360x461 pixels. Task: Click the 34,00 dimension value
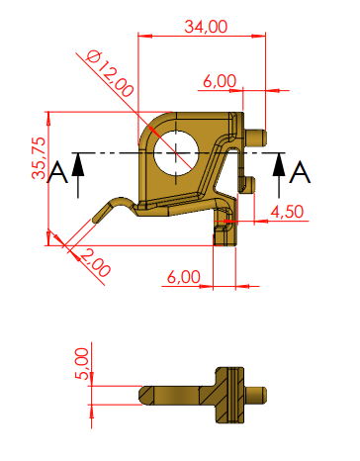[x=206, y=27]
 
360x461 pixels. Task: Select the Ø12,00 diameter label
[x=110, y=73]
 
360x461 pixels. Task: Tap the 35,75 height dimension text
[x=39, y=158]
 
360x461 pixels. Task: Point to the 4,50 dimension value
[x=287, y=212]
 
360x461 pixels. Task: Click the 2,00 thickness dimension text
[x=95, y=263]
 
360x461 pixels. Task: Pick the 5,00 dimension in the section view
[x=82, y=364]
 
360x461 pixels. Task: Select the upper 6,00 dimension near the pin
[x=220, y=81]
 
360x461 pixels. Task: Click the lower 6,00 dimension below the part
[x=184, y=277]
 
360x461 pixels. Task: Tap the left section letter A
[x=57, y=172]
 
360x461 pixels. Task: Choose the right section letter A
[x=300, y=172]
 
